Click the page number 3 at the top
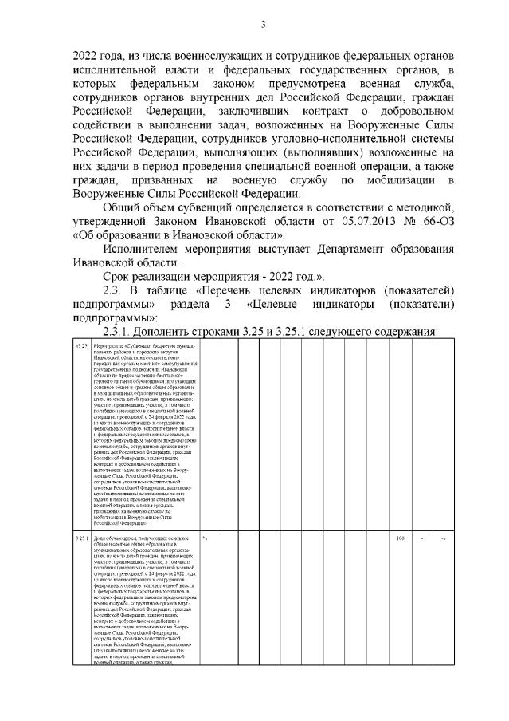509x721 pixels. pyautogui.click(x=262, y=25)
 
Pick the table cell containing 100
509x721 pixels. pyautogui.click(x=401, y=518)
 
